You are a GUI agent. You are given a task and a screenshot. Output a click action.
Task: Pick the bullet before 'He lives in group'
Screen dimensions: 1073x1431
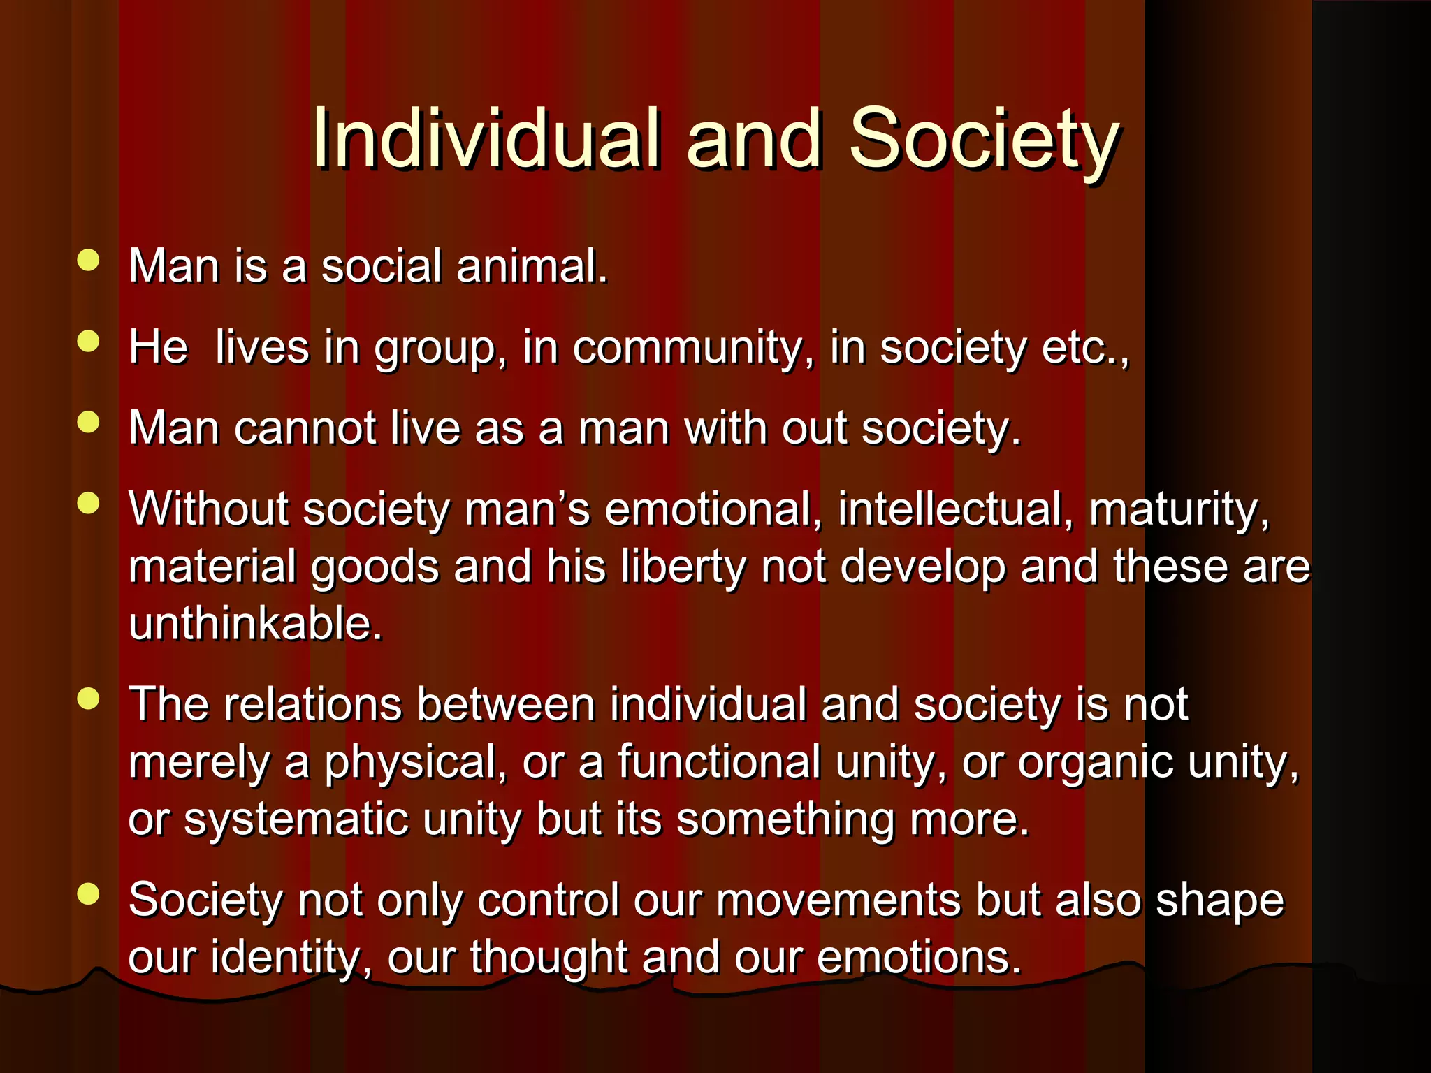[x=89, y=342]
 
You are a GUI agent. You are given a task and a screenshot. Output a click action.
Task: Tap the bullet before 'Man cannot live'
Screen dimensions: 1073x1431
[x=89, y=422]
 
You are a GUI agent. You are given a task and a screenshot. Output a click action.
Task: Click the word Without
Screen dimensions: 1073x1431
[x=208, y=508]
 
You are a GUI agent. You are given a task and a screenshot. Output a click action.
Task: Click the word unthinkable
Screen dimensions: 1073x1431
[x=256, y=623]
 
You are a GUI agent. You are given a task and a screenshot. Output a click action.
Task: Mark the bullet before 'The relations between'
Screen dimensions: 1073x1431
[x=89, y=698]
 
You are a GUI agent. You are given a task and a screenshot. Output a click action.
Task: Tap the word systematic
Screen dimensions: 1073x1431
[x=296, y=819]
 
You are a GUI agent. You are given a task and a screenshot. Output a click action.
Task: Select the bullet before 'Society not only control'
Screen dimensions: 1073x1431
[x=89, y=893]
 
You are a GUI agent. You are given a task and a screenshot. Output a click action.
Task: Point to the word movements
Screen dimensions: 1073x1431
[x=838, y=899]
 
